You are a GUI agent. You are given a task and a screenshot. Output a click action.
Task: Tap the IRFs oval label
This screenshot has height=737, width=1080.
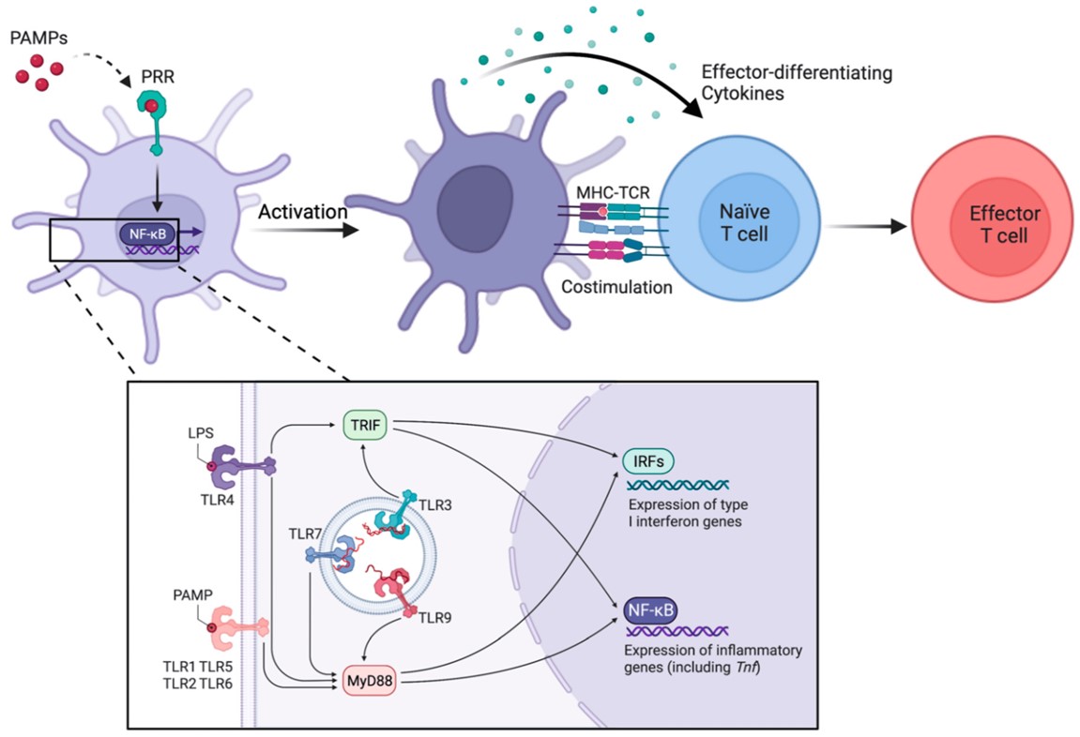point(646,460)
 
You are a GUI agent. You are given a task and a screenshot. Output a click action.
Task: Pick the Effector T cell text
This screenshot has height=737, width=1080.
point(997,226)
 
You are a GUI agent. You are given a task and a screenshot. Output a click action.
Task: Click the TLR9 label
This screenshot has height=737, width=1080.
point(432,617)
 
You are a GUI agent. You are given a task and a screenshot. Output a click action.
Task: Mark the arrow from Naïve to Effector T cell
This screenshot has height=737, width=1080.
point(868,226)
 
